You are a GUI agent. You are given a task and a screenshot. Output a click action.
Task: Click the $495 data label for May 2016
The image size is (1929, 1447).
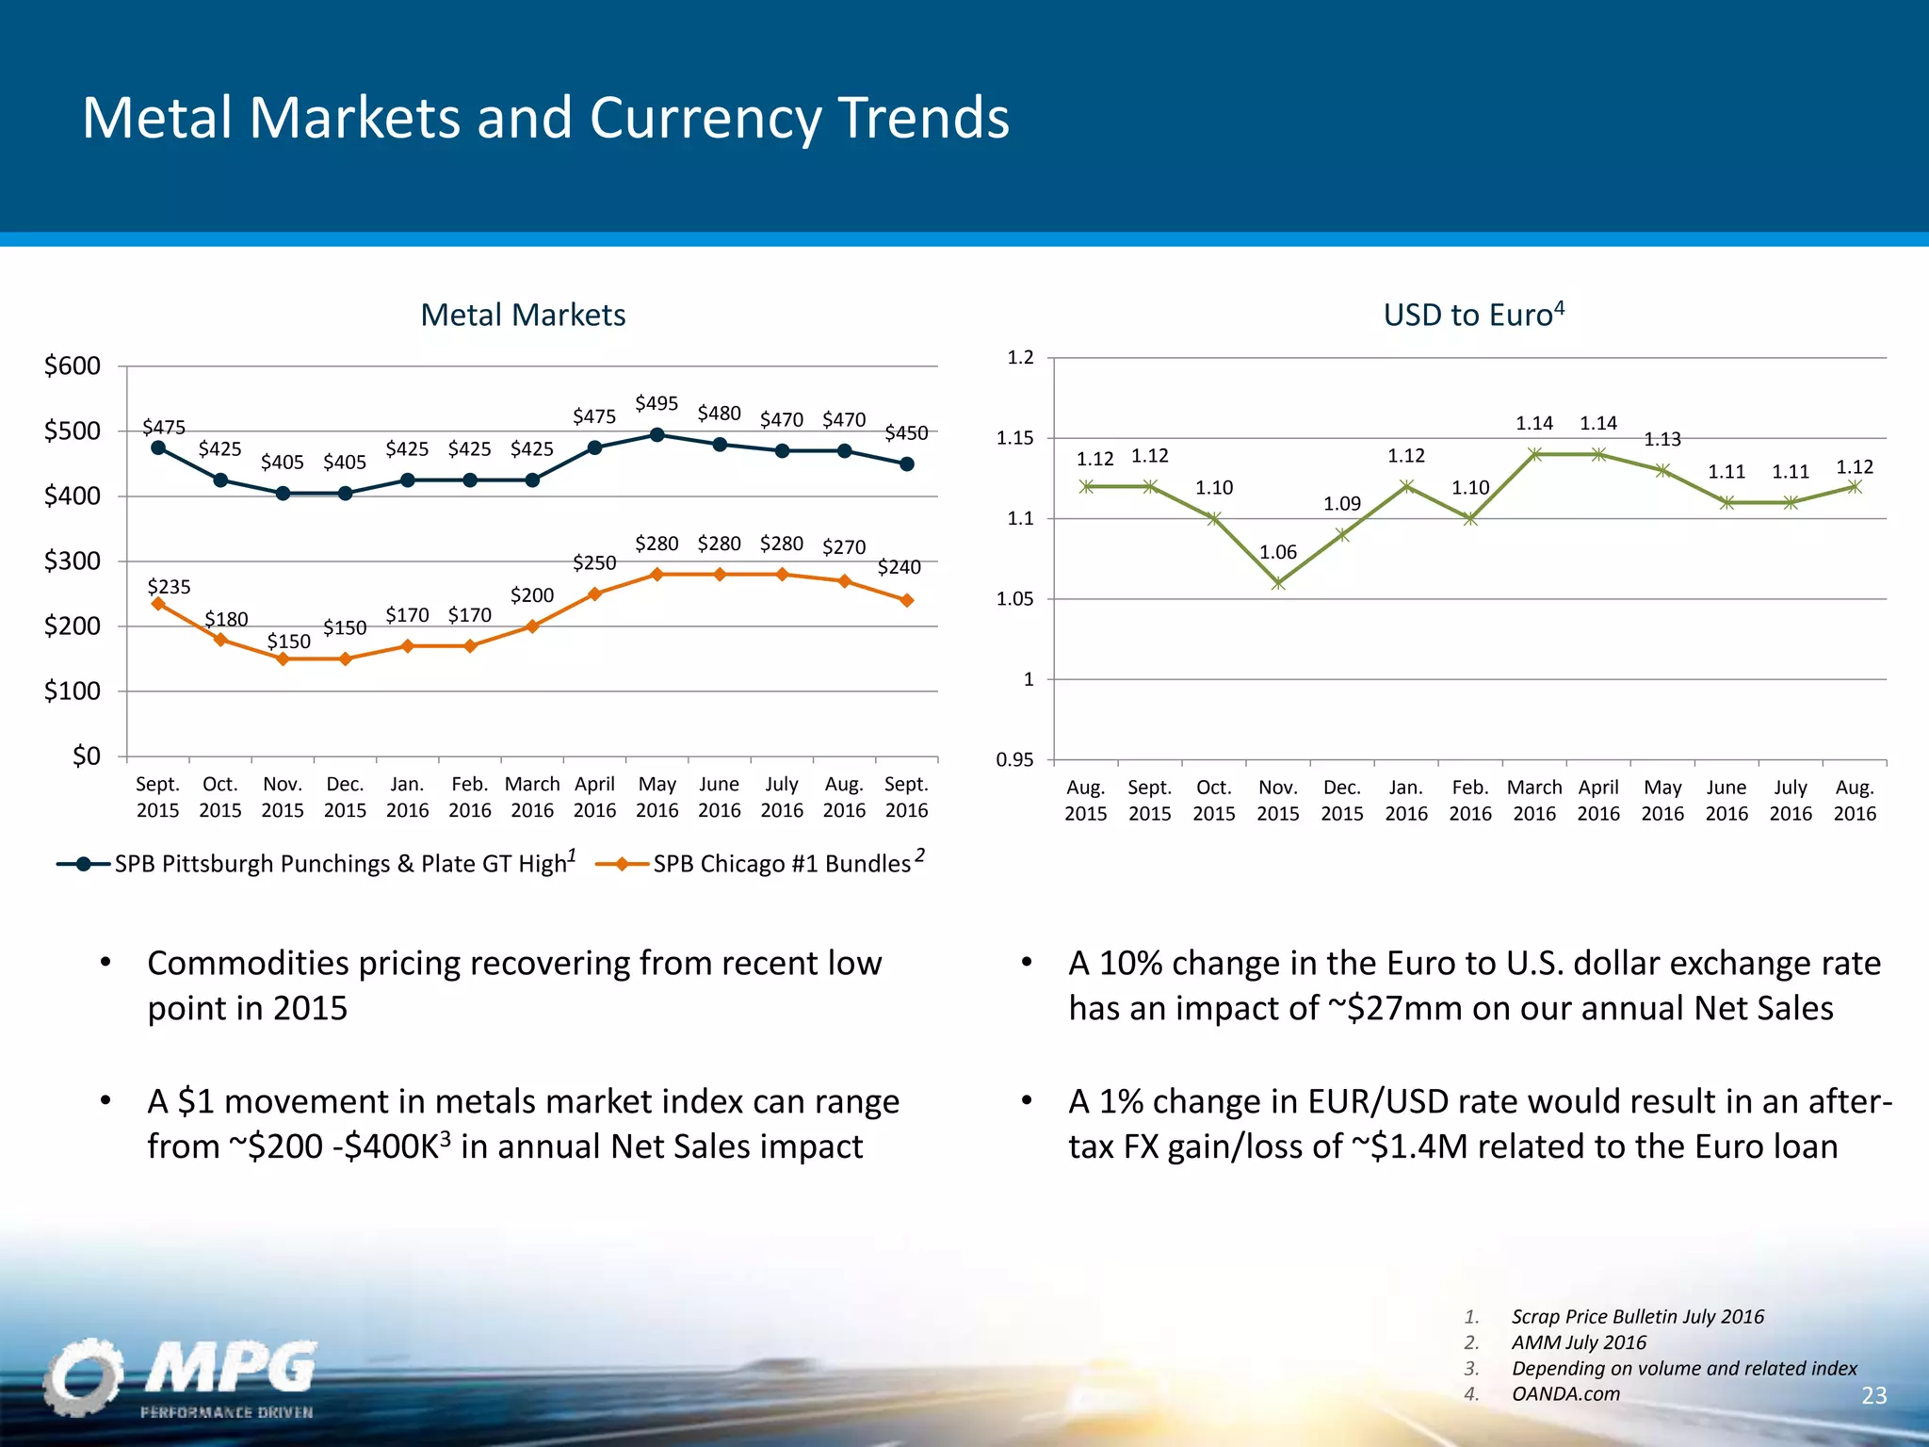pyautogui.click(x=657, y=404)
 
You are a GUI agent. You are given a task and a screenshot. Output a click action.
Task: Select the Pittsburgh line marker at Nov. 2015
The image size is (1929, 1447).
pyautogui.click(x=283, y=494)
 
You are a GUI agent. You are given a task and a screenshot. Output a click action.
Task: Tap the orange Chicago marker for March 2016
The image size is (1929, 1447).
pyautogui.click(x=532, y=626)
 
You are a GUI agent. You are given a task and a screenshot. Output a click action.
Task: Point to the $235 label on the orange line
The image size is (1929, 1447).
pyautogui.click(x=170, y=587)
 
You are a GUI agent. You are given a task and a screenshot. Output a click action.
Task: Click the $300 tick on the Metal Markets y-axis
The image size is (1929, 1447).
pyautogui.click(x=73, y=561)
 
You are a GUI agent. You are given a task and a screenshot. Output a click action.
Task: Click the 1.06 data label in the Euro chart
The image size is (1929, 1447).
pyautogui.click(x=1278, y=553)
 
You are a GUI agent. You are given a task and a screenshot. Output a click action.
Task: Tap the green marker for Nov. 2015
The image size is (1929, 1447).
pyautogui.click(x=1278, y=584)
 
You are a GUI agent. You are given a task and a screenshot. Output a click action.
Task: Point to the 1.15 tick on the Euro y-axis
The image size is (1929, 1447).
pyautogui.click(x=1014, y=438)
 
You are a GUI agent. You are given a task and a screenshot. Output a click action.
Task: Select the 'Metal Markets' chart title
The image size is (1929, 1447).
pyautogui.click(x=523, y=315)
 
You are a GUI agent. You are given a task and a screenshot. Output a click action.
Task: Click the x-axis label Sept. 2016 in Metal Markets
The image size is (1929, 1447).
pyautogui.click(x=906, y=797)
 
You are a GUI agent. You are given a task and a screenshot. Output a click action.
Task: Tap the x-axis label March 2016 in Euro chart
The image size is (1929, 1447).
pyautogui.click(x=1534, y=800)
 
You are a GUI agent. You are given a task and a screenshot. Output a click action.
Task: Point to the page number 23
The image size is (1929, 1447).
pyautogui.click(x=1873, y=1395)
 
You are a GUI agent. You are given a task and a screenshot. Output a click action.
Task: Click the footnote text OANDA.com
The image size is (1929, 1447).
pyautogui.click(x=1565, y=1394)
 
